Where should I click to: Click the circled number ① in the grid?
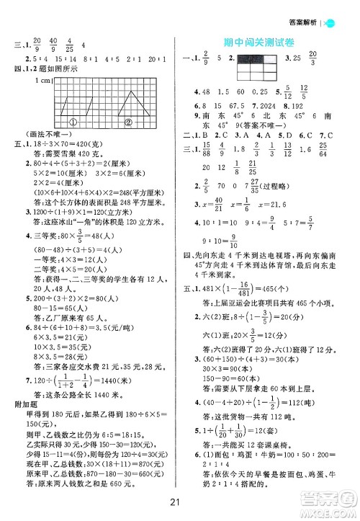click(x=73, y=121)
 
